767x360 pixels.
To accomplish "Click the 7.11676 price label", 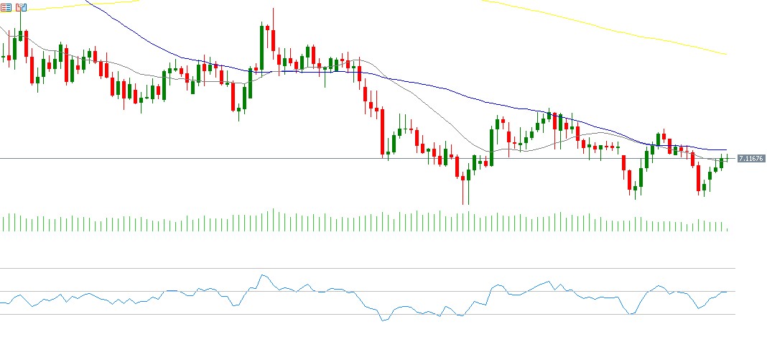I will pyautogui.click(x=750, y=158).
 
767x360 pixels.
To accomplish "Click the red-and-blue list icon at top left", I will pyautogui.click(x=6, y=6).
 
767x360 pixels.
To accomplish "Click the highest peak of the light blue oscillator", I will pyautogui.click(x=263, y=274).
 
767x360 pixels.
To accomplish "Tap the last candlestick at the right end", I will pyautogui.click(x=728, y=157).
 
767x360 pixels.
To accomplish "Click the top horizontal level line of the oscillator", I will pyautogui.click(x=359, y=268).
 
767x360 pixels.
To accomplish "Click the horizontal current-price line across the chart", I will pyautogui.click(x=215, y=158).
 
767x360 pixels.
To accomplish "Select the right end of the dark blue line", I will pyautogui.click(x=726, y=149).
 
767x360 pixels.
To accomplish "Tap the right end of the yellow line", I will pyautogui.click(x=726, y=54).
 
